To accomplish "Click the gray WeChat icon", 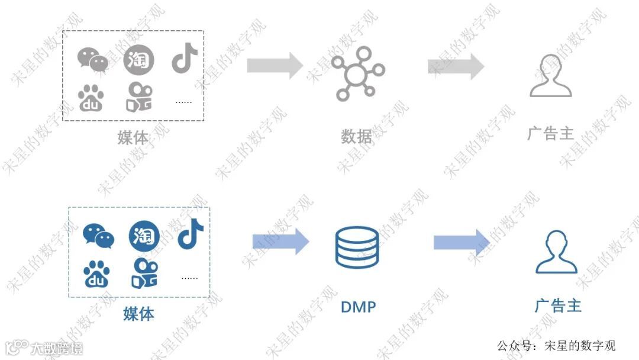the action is tap(93, 59).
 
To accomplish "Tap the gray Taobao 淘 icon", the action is tap(138, 60).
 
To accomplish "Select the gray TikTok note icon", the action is tap(185, 59).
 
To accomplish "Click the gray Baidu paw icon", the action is tap(91, 98).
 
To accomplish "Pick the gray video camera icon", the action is tap(139, 98).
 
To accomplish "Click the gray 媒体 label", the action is tap(133, 137).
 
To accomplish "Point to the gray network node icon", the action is tap(357, 75).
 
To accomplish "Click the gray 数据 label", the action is tap(357, 137).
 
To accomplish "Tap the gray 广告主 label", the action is tap(550, 133).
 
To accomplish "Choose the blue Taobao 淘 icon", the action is tap(144, 235).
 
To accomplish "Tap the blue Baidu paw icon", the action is tap(96, 274).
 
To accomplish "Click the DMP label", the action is tap(358, 307).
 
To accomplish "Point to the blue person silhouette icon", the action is tap(556, 252).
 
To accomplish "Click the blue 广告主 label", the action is tap(557, 306).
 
